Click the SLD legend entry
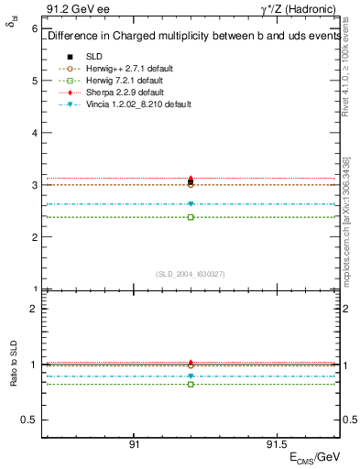[94, 56]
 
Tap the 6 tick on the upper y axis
[34, 28]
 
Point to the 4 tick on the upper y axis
[34, 133]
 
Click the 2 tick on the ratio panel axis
[34, 309]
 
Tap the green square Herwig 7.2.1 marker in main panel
[191, 217]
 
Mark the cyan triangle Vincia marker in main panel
[191, 204]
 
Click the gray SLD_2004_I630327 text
[191, 273]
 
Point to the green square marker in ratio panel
[191, 384]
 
